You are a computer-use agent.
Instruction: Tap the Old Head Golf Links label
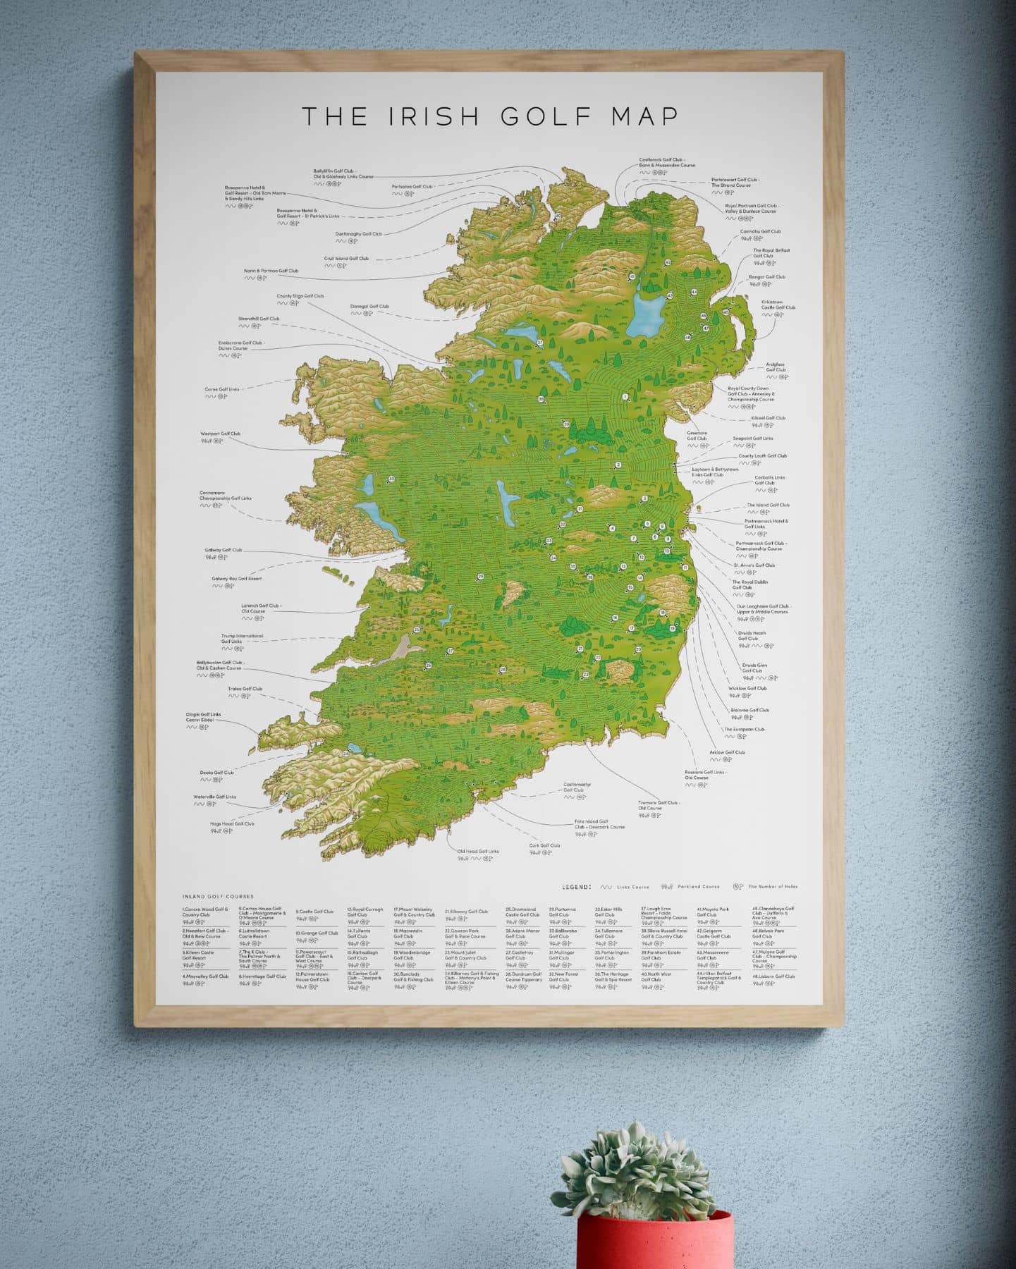478,852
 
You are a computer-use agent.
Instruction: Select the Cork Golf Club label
544,845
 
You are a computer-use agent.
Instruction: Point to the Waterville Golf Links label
215,797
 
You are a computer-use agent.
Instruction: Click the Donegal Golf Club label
369,307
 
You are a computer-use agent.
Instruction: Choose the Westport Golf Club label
221,434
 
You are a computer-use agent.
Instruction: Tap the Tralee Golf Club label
245,689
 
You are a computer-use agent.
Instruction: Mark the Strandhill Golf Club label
259,319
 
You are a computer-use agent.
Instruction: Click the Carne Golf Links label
222,389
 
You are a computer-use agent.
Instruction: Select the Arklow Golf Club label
727,752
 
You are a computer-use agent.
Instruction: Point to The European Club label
744,730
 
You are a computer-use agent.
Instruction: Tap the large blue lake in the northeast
646,315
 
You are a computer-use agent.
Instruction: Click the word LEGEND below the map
576,886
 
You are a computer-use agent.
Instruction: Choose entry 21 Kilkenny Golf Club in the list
466,912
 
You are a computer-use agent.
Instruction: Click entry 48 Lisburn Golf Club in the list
773,976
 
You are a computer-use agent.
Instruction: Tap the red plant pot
654,1241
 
